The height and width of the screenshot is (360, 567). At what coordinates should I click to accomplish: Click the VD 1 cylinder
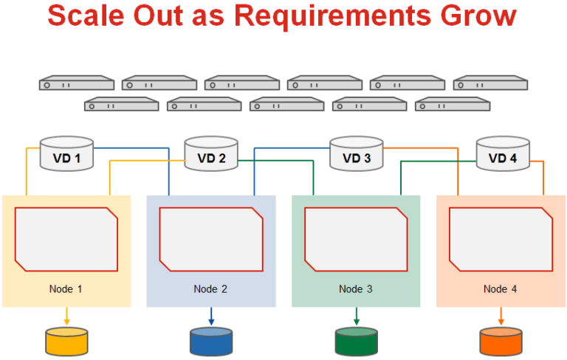coord(66,153)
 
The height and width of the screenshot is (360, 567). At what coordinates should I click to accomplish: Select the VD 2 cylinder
coord(211,153)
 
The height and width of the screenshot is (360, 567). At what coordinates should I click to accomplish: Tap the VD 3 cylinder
coord(357,153)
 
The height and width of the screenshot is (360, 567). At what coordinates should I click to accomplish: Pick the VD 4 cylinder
coord(503,153)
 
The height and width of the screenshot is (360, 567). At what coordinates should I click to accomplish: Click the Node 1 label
coord(66,289)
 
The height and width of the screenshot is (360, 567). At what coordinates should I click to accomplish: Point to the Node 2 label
coord(210,289)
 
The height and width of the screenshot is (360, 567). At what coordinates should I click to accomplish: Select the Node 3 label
coord(355,289)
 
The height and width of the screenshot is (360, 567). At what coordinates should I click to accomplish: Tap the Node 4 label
coord(500,289)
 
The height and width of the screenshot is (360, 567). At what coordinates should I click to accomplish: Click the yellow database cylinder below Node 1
coord(66,342)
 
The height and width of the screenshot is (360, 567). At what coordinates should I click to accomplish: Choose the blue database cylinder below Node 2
coord(211,342)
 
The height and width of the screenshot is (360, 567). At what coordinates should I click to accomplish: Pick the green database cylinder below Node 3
coord(356,342)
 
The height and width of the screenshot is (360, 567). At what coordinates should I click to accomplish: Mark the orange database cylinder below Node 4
coord(501,342)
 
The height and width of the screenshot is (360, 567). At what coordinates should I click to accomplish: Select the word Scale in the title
coord(86,16)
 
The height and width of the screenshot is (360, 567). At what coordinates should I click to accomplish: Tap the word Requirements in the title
coord(333,17)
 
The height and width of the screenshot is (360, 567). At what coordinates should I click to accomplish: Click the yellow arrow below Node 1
coord(66,316)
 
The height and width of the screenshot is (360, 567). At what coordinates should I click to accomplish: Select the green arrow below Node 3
coord(356,316)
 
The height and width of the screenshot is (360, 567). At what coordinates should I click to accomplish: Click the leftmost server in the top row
coord(77,83)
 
